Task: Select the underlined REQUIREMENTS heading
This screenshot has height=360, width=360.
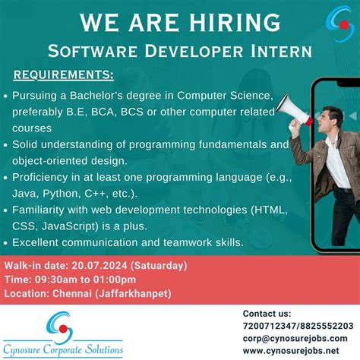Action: coord(64,75)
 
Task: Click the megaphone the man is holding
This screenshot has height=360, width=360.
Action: coord(293,109)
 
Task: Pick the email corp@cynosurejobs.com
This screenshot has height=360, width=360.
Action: coord(295,338)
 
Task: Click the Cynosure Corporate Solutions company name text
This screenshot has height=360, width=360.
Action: coord(63,350)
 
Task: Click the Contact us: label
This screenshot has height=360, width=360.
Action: coord(267,314)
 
